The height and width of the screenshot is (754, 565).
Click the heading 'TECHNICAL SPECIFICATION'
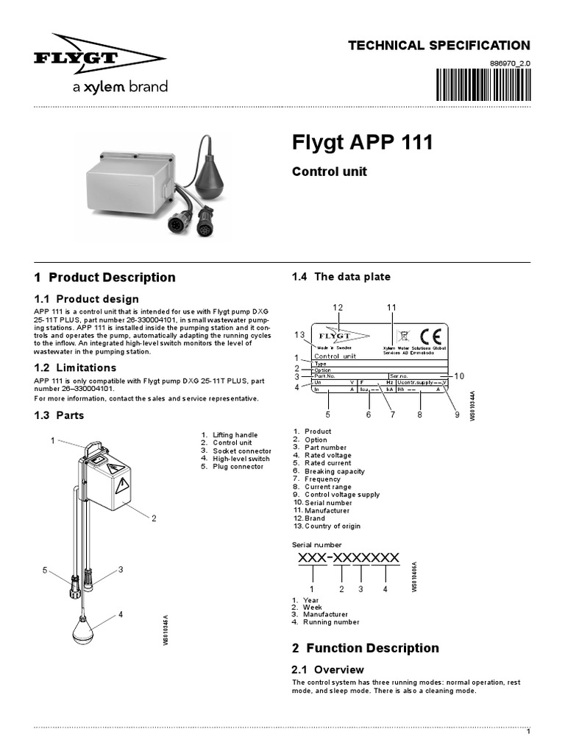(438, 46)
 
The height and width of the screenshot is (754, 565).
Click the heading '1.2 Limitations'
(75, 367)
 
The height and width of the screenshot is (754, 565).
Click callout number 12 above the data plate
(338, 307)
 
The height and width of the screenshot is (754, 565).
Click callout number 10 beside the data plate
(459, 376)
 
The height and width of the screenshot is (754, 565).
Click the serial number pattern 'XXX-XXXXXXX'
(349, 557)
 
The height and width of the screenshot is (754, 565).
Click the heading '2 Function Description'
(365, 648)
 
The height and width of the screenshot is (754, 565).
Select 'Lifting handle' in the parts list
(235, 435)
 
